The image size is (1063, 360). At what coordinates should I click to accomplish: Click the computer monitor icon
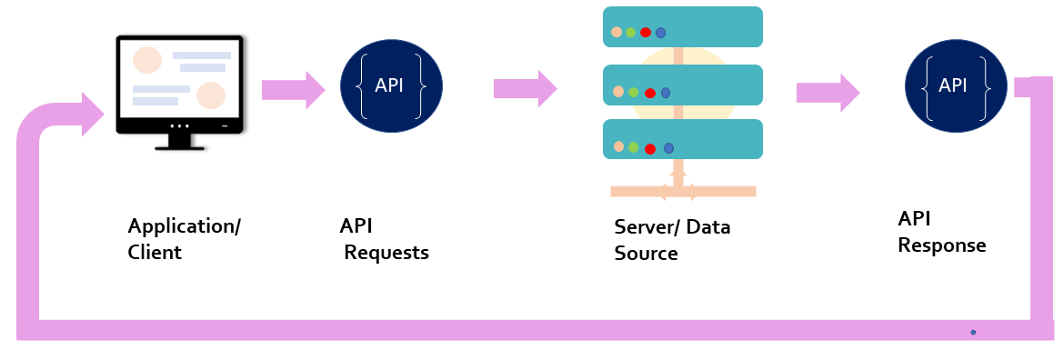click(x=180, y=86)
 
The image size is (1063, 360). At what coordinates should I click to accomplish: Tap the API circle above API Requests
click(x=391, y=85)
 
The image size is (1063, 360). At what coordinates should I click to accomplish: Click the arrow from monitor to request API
click(x=293, y=89)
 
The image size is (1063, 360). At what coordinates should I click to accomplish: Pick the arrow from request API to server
click(x=525, y=88)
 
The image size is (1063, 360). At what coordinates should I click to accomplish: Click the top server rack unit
click(x=682, y=27)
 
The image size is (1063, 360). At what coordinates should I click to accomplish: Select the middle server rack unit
click(x=682, y=85)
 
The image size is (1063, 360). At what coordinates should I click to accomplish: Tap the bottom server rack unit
click(x=682, y=141)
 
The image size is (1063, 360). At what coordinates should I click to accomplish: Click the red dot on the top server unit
click(x=646, y=32)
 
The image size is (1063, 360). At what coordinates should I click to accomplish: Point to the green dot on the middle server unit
click(x=633, y=92)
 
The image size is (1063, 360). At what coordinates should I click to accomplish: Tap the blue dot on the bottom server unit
click(x=668, y=147)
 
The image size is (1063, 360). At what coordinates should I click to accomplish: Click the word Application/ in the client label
click(x=184, y=226)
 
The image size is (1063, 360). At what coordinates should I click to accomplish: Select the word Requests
click(x=386, y=253)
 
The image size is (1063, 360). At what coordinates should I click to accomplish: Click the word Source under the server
click(x=646, y=254)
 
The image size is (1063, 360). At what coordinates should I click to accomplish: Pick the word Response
click(x=941, y=245)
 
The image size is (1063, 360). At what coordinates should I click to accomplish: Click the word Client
click(x=155, y=253)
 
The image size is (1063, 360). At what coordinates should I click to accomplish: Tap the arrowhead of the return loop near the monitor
click(x=94, y=115)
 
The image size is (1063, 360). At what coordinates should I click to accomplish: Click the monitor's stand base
click(x=180, y=144)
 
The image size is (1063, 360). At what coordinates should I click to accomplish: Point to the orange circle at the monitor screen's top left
click(x=147, y=60)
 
